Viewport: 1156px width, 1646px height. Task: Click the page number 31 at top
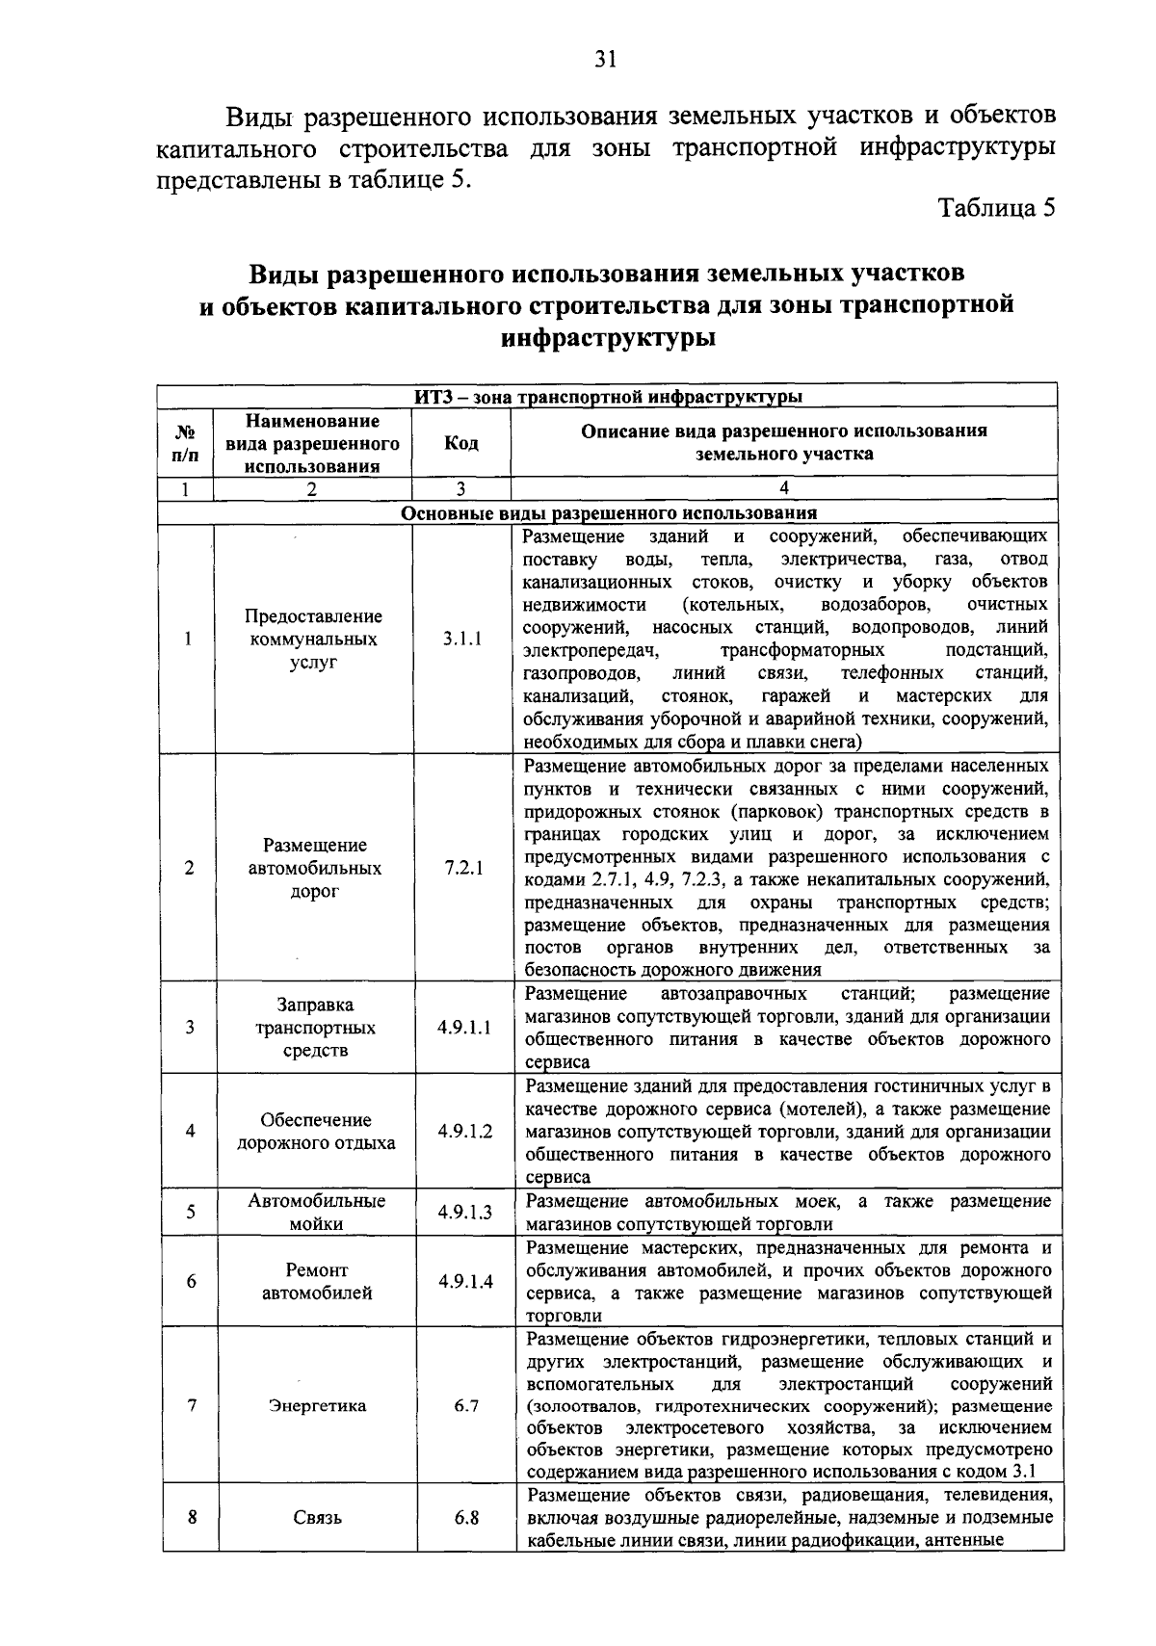[x=605, y=60]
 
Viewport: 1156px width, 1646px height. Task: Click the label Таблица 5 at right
[x=998, y=209]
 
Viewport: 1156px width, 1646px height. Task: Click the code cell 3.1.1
[x=461, y=639]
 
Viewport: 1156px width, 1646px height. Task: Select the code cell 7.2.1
[x=463, y=868]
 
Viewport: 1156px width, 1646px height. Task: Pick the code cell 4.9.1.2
[x=464, y=1132]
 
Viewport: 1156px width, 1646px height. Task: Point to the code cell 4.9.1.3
[x=464, y=1212]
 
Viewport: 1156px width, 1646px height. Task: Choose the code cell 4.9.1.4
[x=465, y=1281]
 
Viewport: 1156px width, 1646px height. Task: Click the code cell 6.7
[x=466, y=1405]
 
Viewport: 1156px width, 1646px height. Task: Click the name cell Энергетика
[x=317, y=1405]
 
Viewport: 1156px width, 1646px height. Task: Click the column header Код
[x=460, y=443]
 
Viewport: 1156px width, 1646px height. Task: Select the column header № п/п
[x=186, y=443]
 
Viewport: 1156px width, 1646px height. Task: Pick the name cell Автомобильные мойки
[x=316, y=1212]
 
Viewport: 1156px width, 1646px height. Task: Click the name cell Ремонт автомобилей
[x=317, y=1281]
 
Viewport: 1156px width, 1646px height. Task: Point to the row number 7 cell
[x=192, y=1405]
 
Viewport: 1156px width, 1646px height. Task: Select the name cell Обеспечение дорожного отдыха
[x=316, y=1132]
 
